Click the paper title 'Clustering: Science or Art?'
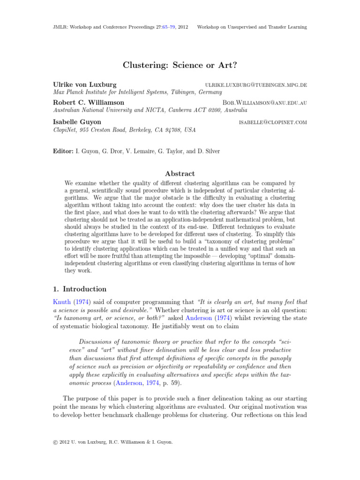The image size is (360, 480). click(180, 65)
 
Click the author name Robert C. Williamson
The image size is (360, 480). click(89, 102)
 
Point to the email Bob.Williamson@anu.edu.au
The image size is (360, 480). click(264, 103)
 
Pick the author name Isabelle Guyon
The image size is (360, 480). click(77, 122)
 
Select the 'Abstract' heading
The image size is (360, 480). click(180, 173)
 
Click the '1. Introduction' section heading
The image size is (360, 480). click(79, 289)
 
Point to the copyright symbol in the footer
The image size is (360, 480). click(55, 454)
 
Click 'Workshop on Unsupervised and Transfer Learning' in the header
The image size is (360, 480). click(252, 27)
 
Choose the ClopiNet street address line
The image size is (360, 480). click(124, 130)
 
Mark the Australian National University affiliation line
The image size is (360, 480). click(150, 110)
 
